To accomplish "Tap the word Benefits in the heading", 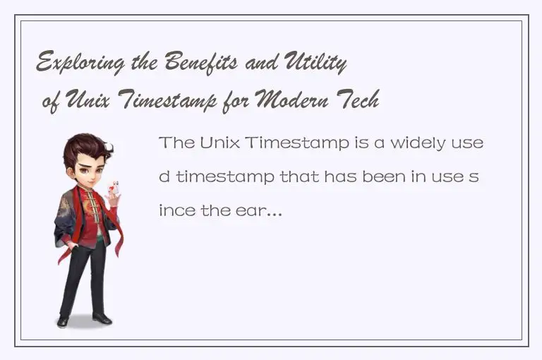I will tap(200, 65).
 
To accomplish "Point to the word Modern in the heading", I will tap(290, 102).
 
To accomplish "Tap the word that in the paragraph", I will tap(300, 176).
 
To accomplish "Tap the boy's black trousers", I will tap(83, 275).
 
